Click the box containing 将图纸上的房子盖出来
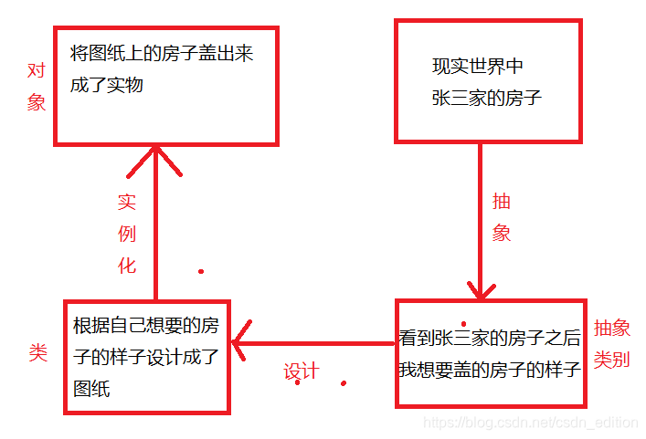[x=166, y=86]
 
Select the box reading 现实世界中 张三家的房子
[x=487, y=82]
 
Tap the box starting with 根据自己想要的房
[x=147, y=356]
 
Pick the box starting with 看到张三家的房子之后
[x=490, y=353]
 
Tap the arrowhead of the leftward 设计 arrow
[x=240, y=344]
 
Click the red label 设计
[x=301, y=371]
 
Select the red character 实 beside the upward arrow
[x=127, y=202]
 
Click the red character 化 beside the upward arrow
[x=127, y=266]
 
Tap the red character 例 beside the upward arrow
[x=127, y=234]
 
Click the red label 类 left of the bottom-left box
[x=37, y=353]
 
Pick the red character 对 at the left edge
[x=37, y=70]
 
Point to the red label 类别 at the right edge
[x=611, y=360]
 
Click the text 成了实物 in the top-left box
[x=107, y=86]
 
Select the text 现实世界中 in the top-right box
[x=478, y=67]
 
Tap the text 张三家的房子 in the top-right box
[x=487, y=98]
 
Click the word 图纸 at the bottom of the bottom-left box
[x=91, y=388]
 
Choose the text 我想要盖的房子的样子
[x=490, y=370]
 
